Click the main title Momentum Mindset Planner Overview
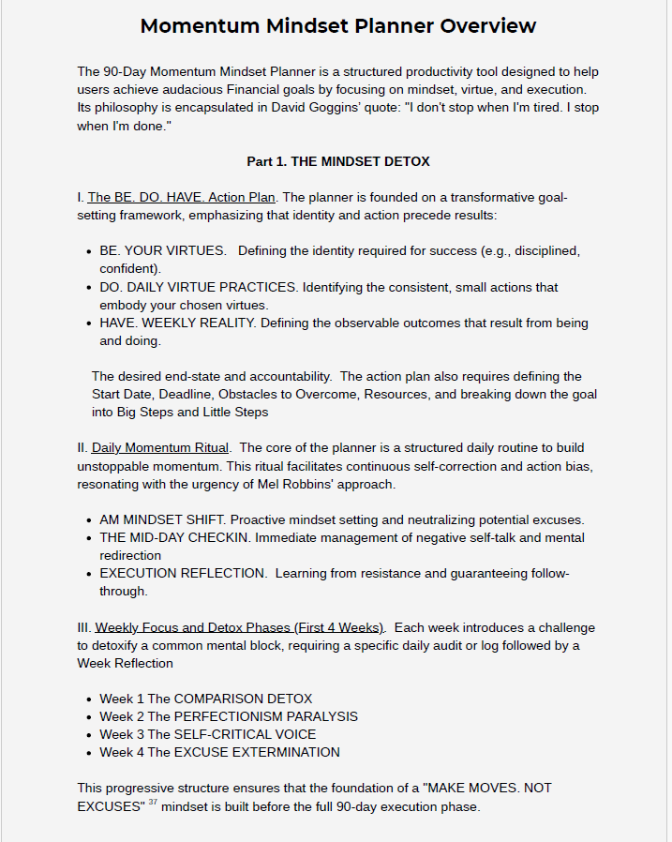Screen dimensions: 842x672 [337, 25]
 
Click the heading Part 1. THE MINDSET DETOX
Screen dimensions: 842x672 [337, 161]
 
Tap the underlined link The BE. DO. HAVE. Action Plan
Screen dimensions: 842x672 [181, 197]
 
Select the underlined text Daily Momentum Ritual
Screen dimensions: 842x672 [160, 447]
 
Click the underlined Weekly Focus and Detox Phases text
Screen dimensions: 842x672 [239, 627]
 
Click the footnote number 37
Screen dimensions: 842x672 [151, 803]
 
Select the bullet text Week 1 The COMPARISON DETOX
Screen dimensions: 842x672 [205, 699]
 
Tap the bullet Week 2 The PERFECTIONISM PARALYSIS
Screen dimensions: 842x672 [229, 716]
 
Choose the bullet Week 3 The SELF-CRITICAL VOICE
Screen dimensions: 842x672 [207, 734]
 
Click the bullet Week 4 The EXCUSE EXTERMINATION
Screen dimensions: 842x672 [219, 752]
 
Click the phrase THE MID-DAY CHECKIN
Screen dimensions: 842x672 [176, 537]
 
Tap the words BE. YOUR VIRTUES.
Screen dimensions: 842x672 [162, 250]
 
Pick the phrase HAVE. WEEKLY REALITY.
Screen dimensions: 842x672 [177, 323]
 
